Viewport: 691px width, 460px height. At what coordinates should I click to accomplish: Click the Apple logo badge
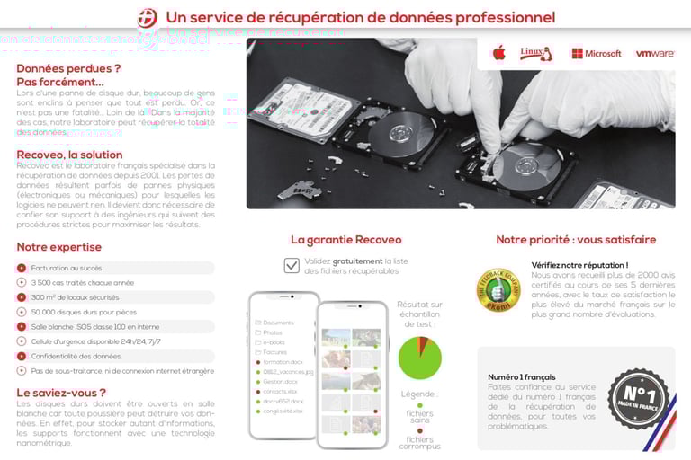click(x=498, y=53)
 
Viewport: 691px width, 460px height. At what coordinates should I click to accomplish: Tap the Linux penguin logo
click(x=536, y=53)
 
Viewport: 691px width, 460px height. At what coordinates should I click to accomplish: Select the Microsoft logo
click(x=596, y=54)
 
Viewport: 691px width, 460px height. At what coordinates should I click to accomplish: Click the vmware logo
click(x=654, y=54)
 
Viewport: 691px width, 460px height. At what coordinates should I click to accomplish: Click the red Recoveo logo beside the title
click(x=147, y=17)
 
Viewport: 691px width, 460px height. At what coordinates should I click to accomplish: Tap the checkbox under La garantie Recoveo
click(x=292, y=265)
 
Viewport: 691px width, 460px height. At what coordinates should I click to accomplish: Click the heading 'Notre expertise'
click(x=59, y=247)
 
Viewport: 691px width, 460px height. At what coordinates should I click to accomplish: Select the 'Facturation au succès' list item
click(x=67, y=268)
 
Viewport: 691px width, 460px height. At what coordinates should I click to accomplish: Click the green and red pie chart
click(x=419, y=357)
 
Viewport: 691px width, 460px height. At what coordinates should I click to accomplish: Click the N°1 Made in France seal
click(x=637, y=397)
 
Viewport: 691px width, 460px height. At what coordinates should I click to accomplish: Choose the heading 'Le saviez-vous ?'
click(x=61, y=393)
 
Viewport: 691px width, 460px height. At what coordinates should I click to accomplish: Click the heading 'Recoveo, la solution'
click(x=68, y=155)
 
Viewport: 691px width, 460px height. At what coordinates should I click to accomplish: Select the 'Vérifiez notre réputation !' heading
click(x=579, y=265)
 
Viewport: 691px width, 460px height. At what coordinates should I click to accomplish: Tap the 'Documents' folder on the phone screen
click(x=278, y=323)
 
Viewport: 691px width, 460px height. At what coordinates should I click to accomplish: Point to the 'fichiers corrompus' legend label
click(x=419, y=441)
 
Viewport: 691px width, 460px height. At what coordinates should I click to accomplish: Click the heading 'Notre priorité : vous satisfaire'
click(x=576, y=240)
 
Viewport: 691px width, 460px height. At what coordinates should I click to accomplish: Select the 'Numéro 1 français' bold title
click(x=522, y=376)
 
